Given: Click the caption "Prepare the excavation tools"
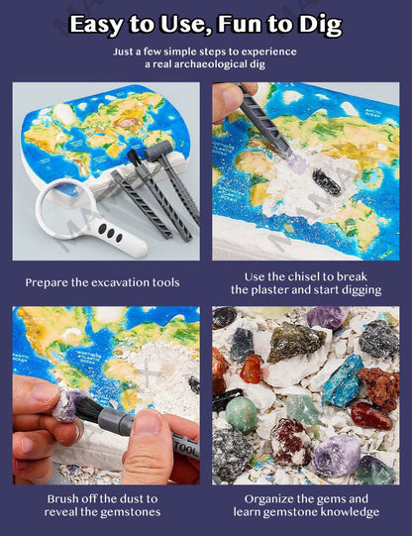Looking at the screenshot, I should tap(103, 282).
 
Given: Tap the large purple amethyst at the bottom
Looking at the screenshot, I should tap(335, 454).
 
